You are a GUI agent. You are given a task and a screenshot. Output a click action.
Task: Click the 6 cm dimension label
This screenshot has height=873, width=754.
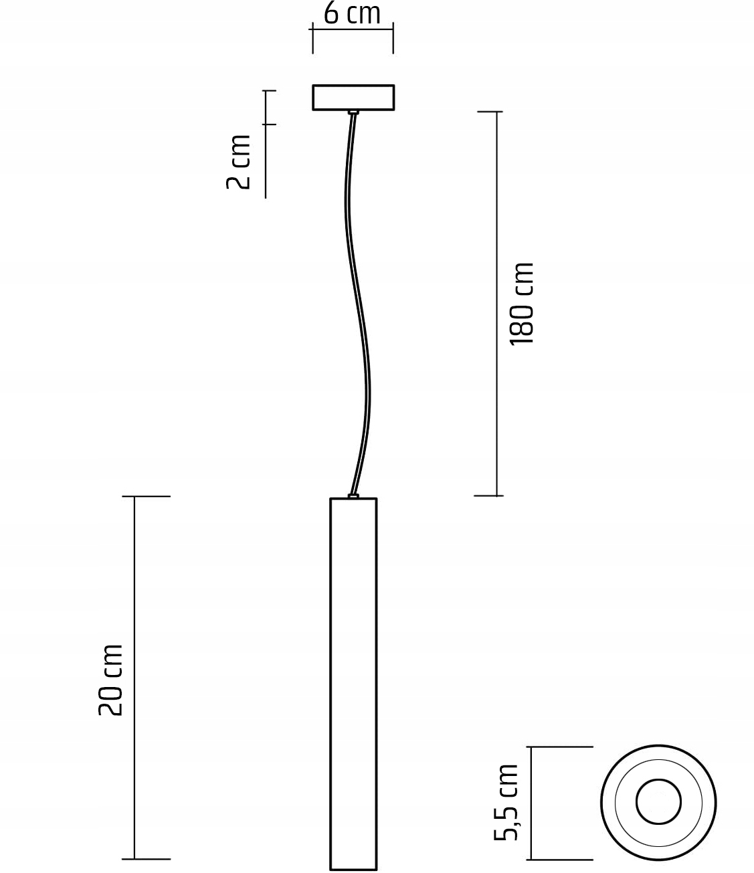(x=352, y=13)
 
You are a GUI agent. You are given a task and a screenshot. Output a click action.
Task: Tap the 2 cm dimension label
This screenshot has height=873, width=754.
(x=239, y=162)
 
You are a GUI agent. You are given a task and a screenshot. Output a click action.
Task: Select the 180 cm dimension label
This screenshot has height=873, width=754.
(x=522, y=304)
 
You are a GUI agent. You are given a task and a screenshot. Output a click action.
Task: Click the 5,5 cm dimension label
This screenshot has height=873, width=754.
(x=506, y=801)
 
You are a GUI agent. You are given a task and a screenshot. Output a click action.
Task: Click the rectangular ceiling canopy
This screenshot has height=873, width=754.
(x=353, y=98)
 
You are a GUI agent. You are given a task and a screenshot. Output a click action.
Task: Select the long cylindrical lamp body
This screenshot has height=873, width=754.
(x=353, y=682)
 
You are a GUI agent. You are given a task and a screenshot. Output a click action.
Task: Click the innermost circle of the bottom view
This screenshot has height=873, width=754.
(x=658, y=801)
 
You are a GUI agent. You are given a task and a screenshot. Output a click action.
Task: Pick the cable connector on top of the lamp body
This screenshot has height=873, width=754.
(x=353, y=496)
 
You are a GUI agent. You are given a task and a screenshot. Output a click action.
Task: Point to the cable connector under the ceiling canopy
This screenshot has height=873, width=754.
(x=353, y=112)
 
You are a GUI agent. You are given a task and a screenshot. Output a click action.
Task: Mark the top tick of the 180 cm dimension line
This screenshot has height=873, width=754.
(x=490, y=112)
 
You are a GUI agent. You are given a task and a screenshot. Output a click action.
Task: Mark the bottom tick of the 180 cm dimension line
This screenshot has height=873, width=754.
(x=488, y=496)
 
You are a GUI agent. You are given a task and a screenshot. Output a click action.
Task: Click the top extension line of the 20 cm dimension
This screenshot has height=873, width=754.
(x=146, y=496)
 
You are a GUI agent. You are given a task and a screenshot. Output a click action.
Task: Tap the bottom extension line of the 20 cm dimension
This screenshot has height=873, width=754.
(x=146, y=858)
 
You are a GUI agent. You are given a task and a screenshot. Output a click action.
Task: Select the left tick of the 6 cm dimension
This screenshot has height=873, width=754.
(x=312, y=37)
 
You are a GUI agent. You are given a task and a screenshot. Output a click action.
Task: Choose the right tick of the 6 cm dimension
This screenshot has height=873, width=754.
(x=393, y=37)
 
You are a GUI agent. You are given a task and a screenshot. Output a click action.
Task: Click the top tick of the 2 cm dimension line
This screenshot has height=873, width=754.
(x=269, y=90)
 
